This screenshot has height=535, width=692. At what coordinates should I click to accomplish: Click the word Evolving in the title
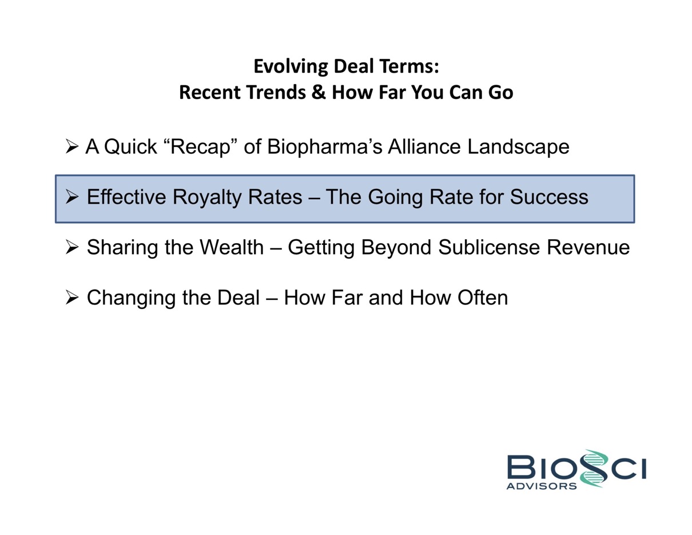[291, 66]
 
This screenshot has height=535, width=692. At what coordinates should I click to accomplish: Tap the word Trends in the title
[275, 92]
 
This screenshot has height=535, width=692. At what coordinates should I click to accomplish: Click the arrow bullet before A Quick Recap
[72, 146]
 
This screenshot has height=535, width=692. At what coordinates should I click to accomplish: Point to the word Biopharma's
[324, 147]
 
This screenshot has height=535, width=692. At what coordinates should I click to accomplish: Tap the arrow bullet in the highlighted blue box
[72, 197]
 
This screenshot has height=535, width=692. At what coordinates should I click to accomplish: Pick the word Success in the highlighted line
[549, 197]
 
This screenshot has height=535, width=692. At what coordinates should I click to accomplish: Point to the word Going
[396, 197]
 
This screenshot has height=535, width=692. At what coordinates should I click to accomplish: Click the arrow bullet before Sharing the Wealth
[72, 247]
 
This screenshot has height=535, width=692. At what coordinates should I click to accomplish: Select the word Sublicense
[489, 247]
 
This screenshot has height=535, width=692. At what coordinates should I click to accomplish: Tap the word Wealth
[232, 247]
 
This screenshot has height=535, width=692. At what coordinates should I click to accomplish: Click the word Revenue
[588, 248]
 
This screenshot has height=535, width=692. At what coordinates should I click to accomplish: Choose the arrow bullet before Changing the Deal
[72, 298]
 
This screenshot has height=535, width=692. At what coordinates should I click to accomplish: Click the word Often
[483, 298]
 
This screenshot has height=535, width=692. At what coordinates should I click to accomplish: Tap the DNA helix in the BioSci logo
[594, 469]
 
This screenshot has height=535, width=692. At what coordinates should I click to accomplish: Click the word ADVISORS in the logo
[542, 486]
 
